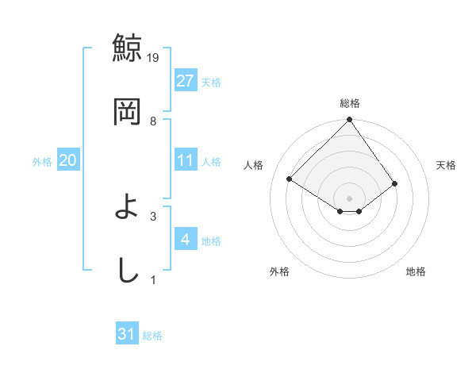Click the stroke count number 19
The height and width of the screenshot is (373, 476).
154,57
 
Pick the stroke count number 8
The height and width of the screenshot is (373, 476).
153,121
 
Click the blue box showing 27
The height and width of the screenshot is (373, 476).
185,80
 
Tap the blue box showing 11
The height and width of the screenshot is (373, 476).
185,160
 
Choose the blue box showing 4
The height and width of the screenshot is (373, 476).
185,239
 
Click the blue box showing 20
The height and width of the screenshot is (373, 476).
67,160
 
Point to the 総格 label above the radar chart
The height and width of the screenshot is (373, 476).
350,103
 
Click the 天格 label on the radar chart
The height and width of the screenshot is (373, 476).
446,165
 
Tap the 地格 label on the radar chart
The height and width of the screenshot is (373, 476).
416,271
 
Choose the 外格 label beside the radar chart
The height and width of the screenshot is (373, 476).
279,271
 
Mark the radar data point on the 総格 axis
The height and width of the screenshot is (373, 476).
349,121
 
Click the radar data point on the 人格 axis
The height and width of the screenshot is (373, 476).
290,179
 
